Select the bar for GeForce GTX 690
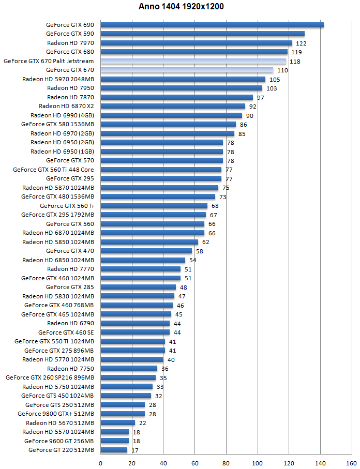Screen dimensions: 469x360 pyautogui.click(x=212, y=25)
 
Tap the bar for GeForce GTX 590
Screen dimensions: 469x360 pyautogui.click(x=202, y=34)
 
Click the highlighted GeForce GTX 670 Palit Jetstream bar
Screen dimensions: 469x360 pyautogui.click(x=193, y=61)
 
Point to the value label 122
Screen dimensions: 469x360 pyautogui.click(x=301, y=43)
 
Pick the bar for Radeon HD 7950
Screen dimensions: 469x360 pyautogui.click(x=181, y=88)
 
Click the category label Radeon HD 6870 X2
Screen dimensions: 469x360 pyautogui.click(x=66, y=106)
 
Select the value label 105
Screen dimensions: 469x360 pyautogui.click(x=275, y=79)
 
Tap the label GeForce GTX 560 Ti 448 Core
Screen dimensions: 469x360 pyautogui.click(x=53, y=170)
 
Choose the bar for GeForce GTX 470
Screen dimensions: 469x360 pyautogui.click(x=146, y=251)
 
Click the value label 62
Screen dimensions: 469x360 pyautogui.click(x=205, y=242)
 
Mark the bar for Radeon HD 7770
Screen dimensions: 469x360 pyautogui.click(x=140, y=269)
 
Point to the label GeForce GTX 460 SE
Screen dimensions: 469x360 pyautogui.click(x=66, y=332)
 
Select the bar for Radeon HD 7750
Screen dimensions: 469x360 pyautogui.click(x=129, y=369)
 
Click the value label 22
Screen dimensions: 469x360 pyautogui.click(x=143, y=423)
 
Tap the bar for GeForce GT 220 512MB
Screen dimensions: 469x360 pyautogui.click(x=114, y=450)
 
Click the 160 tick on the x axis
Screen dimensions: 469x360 pyautogui.click(x=352, y=463)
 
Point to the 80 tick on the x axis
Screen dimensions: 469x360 pyautogui.click(x=226, y=463)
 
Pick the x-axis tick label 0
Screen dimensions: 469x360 pyautogui.click(x=100, y=463)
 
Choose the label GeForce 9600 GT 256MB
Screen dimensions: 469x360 pyautogui.click(x=59, y=441)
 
